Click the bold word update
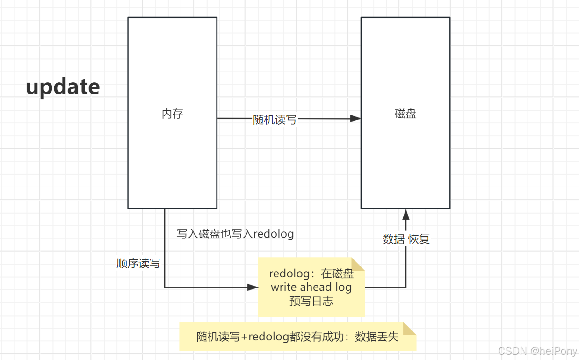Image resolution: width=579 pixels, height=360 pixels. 63,87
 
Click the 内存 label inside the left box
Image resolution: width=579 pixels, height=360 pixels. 172,114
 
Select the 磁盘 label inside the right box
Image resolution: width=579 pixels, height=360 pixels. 405,114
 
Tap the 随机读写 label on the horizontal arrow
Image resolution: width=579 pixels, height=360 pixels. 275,119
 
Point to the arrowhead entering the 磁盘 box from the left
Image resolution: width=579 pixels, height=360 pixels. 355,119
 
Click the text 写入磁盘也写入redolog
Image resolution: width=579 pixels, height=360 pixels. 235,234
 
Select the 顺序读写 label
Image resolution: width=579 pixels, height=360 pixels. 138,264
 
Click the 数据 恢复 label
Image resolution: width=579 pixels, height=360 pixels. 405,239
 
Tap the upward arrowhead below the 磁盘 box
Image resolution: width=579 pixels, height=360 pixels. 405,215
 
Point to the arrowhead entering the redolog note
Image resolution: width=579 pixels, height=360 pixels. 253,288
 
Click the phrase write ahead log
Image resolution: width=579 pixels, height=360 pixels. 311,287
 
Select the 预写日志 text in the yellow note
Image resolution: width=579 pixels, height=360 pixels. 311,301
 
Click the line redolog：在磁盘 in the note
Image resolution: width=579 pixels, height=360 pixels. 311,274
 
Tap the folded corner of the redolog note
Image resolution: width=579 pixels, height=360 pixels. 359,263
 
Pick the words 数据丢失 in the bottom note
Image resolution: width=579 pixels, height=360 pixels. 376,337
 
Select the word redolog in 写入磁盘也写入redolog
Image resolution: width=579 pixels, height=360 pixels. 273,234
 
